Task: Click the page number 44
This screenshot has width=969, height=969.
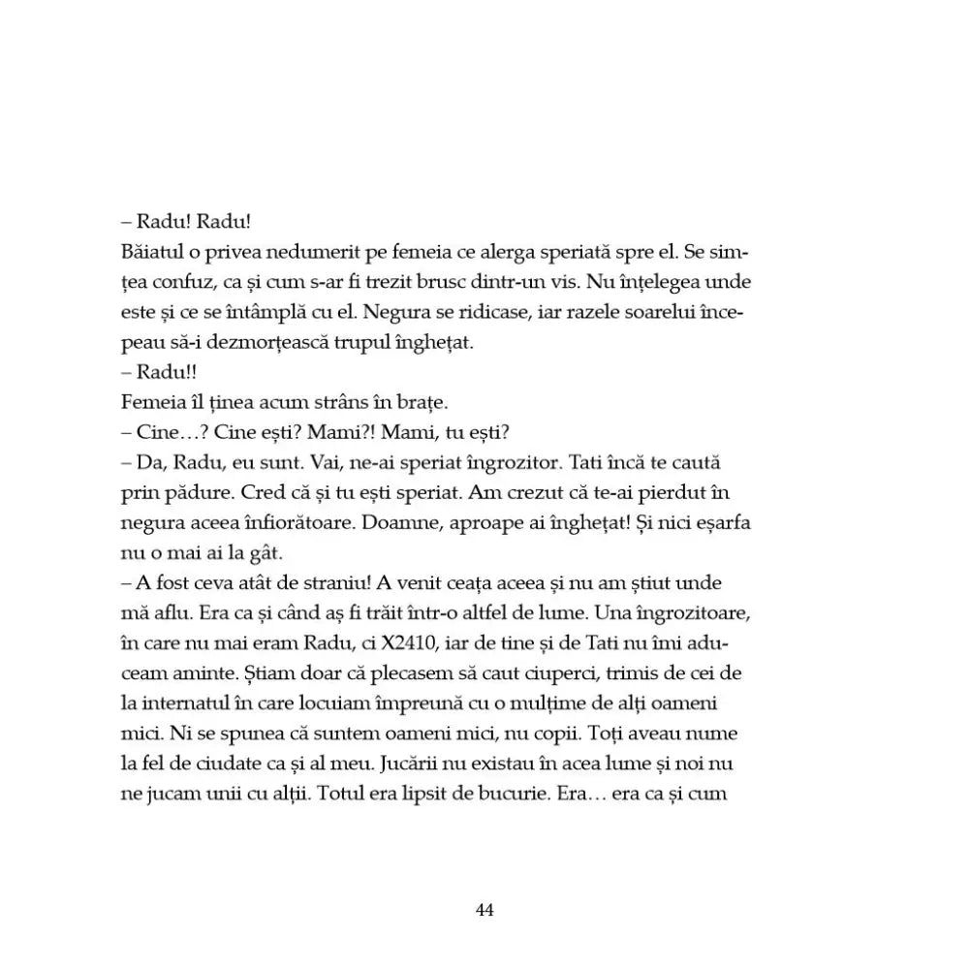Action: [x=485, y=910]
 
